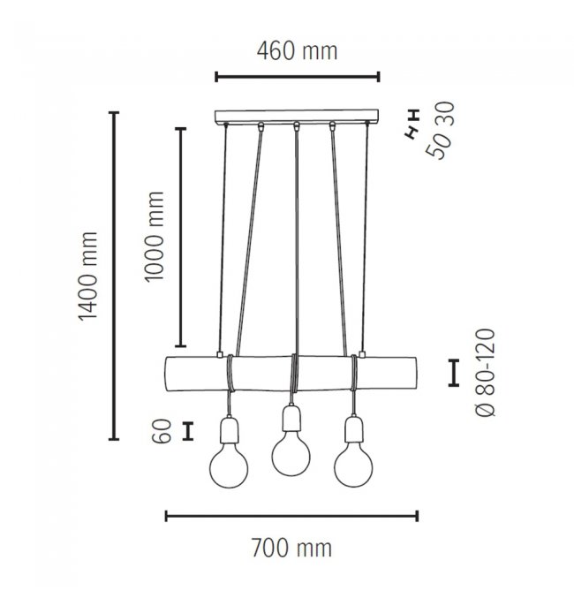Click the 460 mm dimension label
pos(297,51)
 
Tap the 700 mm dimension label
pos(291,548)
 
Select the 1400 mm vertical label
pos(88,276)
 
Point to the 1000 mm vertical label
pos(155,237)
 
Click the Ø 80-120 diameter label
pos(487,373)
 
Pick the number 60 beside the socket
pos(162,431)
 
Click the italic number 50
pos(438,146)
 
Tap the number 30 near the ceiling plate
pos(445,114)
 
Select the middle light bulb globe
pos(291,454)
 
